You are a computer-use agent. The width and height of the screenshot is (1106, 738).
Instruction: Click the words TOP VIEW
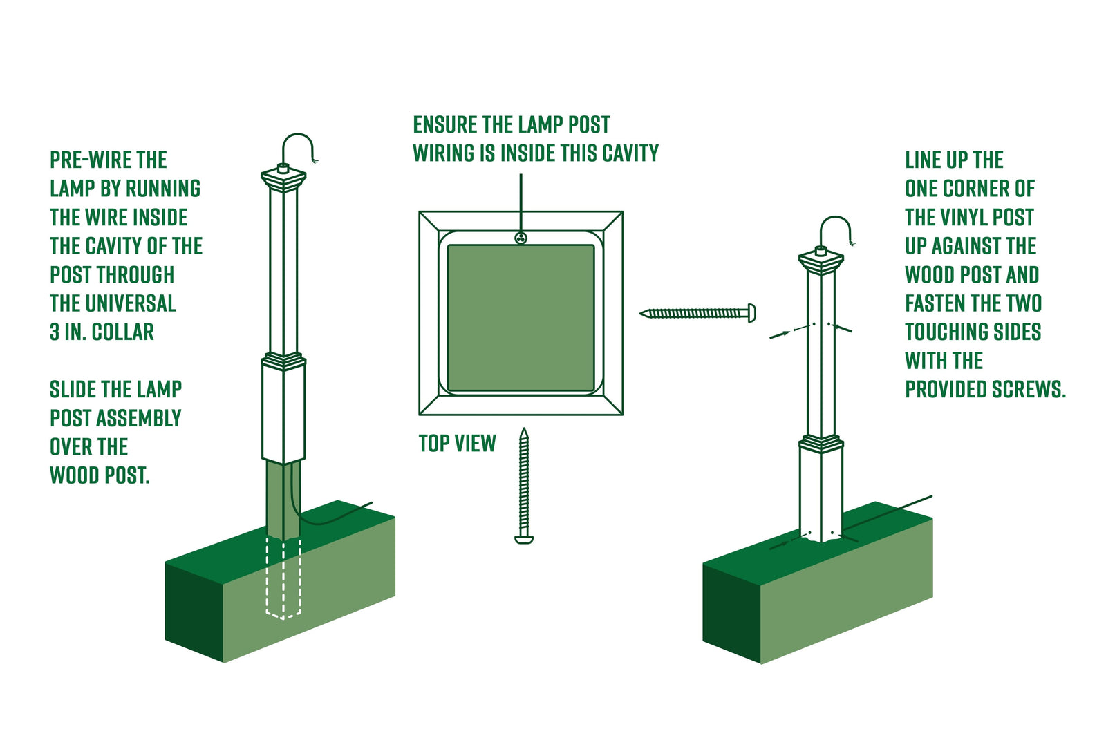[457, 444]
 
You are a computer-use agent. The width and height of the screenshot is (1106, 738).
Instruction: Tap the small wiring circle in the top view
[521, 238]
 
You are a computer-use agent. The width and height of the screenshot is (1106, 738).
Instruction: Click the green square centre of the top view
[521, 318]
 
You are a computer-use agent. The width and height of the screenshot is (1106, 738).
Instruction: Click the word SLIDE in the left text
[73, 390]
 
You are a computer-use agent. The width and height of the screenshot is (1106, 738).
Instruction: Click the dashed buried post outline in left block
[283, 580]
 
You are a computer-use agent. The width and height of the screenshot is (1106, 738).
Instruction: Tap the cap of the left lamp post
[283, 179]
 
